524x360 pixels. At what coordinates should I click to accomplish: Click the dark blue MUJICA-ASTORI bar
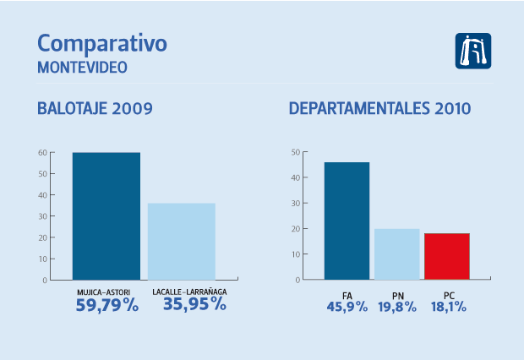click(106, 215)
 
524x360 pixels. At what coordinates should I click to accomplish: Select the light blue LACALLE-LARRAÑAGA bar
click(182, 241)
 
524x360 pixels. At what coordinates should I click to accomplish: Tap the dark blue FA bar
click(347, 221)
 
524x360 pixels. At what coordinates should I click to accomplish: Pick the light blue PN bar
click(396, 254)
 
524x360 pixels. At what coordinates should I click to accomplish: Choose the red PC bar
click(447, 256)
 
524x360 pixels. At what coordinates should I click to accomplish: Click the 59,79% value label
click(106, 305)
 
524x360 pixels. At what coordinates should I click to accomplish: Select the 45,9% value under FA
click(347, 307)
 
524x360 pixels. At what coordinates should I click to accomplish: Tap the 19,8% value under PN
click(396, 307)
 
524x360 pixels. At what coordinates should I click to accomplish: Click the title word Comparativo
click(102, 44)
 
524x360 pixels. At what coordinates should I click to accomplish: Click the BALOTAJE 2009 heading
click(95, 109)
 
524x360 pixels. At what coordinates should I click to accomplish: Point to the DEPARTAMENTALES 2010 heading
click(379, 109)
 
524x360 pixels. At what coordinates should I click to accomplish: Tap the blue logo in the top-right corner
click(472, 52)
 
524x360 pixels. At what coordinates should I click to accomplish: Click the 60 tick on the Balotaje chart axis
click(41, 153)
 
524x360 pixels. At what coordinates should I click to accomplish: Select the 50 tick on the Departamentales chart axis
click(296, 152)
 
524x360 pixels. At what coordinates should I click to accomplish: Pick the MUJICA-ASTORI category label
click(106, 292)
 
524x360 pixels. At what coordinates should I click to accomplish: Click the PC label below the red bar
click(447, 294)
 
